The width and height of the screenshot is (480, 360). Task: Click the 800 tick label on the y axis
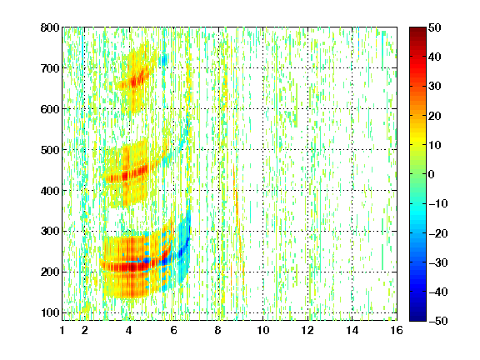tap(50, 27)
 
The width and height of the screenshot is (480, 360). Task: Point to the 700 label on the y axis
tap(50, 68)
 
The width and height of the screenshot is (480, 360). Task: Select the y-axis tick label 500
tap(50, 150)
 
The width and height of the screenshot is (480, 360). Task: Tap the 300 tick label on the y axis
tap(50, 231)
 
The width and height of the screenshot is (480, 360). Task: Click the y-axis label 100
tap(50, 312)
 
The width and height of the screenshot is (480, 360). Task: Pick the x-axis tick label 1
tap(62, 330)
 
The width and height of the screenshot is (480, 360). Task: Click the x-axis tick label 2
tap(85, 330)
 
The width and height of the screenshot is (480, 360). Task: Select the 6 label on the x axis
tap(174, 330)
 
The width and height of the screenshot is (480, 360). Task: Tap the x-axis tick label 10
tap(263, 330)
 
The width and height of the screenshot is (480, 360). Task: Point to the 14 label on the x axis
tap(352, 330)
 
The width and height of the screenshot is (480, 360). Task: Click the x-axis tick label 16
tap(397, 330)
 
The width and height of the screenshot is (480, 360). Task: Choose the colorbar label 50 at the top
tap(434, 27)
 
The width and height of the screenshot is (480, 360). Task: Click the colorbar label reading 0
tap(432, 174)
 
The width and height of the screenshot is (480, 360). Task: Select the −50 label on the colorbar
tap(438, 321)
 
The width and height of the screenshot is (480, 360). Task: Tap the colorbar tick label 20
tap(434, 116)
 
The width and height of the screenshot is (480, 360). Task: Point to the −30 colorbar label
tap(438, 262)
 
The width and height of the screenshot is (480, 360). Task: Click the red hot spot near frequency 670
tap(135, 82)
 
